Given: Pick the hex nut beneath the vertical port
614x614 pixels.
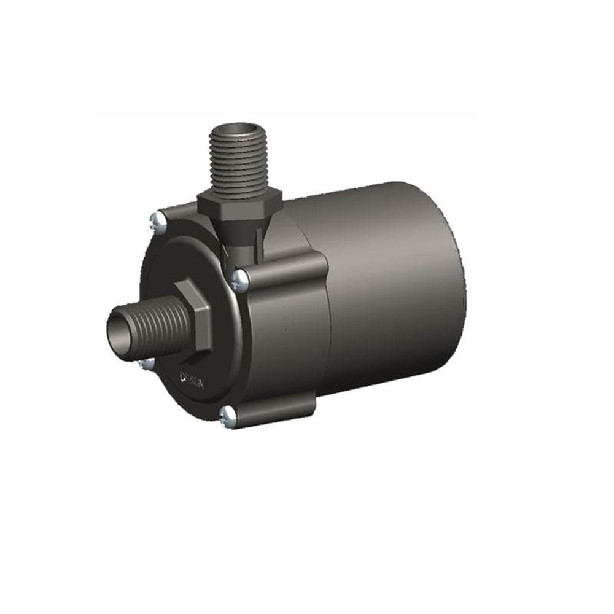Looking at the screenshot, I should [239, 204].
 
